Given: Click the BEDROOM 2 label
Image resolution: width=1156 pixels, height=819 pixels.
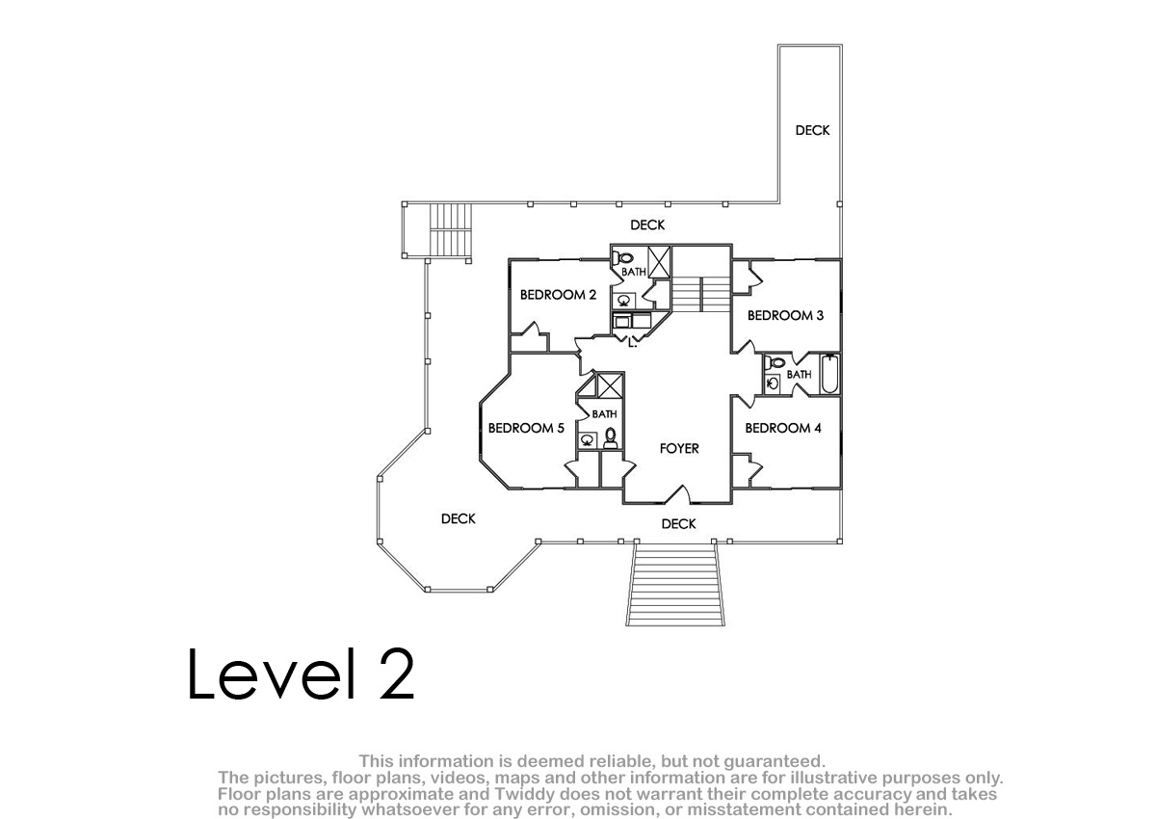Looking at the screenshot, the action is click(x=558, y=295).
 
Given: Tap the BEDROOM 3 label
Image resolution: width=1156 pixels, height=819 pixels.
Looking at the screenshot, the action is click(x=785, y=315).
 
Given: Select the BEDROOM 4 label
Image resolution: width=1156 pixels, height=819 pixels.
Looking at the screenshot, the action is click(x=783, y=428).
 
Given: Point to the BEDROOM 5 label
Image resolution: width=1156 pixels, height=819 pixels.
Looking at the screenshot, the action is click(x=526, y=428).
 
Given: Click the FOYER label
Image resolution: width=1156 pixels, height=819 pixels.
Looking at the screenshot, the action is click(x=679, y=448).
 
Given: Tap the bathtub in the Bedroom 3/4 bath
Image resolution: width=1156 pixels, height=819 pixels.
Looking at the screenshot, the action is click(x=829, y=374).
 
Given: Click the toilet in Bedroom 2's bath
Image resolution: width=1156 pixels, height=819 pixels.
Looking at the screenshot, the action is click(x=622, y=257).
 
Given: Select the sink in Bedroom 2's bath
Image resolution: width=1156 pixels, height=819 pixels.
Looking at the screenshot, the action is click(x=624, y=300).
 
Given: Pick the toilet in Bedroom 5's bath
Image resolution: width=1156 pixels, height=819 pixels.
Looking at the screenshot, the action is click(x=611, y=437).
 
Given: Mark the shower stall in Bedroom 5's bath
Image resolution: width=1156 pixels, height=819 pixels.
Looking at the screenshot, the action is click(x=610, y=385).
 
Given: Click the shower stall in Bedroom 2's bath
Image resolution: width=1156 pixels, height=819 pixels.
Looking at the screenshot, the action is click(x=659, y=262).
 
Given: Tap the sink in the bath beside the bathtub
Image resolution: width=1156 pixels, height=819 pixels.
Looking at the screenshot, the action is click(x=773, y=383).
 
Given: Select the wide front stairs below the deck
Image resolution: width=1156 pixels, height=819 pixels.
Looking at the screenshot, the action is click(x=675, y=585).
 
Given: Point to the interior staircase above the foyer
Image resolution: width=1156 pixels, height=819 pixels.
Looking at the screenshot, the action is click(x=701, y=294).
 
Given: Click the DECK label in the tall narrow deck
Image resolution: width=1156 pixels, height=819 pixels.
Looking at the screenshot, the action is click(x=812, y=131).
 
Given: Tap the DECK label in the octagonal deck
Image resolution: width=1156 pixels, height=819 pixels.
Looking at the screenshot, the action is click(x=459, y=518).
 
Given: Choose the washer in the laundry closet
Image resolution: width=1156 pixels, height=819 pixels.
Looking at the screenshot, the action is click(x=621, y=322).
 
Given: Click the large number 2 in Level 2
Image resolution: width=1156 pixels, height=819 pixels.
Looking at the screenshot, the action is click(x=396, y=674).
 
